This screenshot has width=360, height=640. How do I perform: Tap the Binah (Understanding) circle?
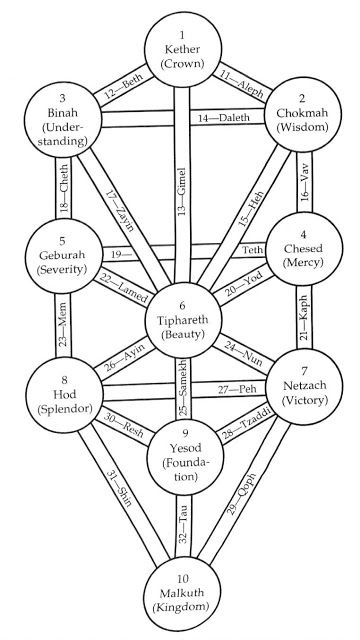[60, 129]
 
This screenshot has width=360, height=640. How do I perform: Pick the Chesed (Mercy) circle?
[302, 239]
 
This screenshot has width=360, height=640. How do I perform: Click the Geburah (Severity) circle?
[59, 241]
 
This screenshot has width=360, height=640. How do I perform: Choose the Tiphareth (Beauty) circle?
[181, 320]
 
